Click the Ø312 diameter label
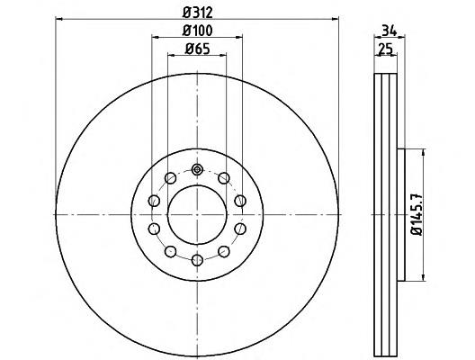[x=197, y=13]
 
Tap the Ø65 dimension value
[x=197, y=50]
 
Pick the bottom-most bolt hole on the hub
[x=197, y=258]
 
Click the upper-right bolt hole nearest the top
[x=223, y=176]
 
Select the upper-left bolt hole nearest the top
[x=171, y=176]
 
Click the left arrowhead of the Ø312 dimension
[x=58, y=20]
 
